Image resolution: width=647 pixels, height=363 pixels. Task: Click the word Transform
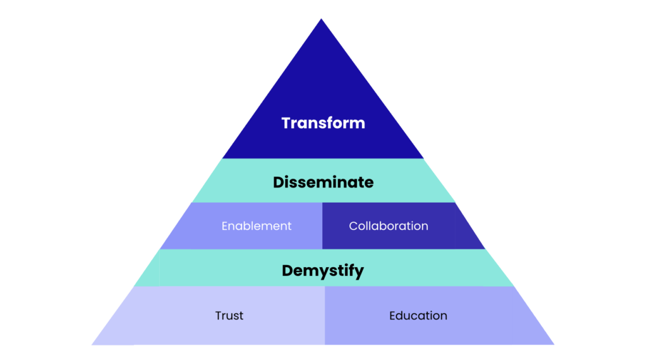323,122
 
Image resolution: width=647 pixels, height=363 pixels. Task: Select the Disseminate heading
323,182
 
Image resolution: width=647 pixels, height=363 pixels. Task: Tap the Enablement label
257,226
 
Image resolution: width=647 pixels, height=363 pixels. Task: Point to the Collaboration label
389,226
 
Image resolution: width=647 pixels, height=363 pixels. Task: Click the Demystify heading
323,271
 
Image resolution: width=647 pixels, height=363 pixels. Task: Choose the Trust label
229,316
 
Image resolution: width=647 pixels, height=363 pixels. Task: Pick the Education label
418,316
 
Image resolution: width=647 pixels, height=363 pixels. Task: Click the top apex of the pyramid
322,20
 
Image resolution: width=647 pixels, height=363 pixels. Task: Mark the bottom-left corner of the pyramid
93,344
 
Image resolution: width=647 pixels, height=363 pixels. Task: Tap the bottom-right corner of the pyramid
553,344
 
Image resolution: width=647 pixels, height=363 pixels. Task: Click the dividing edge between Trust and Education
325,316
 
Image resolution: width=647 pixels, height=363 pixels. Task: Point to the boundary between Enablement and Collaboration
322,226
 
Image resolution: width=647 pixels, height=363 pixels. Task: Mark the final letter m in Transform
358,123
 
